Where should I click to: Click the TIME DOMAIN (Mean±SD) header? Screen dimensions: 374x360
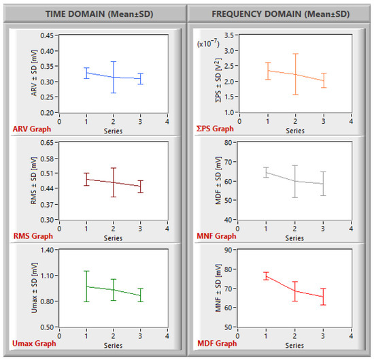[x=99, y=14]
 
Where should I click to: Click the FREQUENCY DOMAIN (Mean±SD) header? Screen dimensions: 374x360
[x=281, y=14]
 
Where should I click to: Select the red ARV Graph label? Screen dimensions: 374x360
[x=32, y=129]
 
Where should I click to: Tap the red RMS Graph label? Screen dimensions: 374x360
[x=33, y=236]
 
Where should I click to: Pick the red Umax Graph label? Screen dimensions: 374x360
[x=34, y=343]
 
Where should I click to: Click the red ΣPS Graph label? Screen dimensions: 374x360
[x=215, y=129]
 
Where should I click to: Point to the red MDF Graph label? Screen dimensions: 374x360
[x=217, y=343]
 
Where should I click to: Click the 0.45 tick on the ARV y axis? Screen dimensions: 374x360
[x=47, y=35]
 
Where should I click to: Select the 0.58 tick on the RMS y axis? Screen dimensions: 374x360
[x=47, y=159]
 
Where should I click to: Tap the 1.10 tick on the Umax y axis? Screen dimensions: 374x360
[x=47, y=276]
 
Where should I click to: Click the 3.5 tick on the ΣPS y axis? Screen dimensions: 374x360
[x=229, y=35]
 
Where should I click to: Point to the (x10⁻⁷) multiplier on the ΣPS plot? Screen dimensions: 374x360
[x=208, y=43]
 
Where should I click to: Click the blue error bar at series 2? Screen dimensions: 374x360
[x=114, y=77]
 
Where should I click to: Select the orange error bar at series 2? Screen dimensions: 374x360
[x=296, y=74]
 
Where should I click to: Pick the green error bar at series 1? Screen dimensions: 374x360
[x=86, y=287]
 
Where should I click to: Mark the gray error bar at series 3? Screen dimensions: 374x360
[x=323, y=184]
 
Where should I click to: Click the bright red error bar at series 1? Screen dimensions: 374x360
[x=266, y=276]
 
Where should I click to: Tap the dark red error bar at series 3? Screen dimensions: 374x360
[x=141, y=186]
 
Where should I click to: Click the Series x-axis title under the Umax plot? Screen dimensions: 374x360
[x=113, y=346]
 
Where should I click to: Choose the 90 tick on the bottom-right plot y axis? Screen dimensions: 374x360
[x=228, y=250]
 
